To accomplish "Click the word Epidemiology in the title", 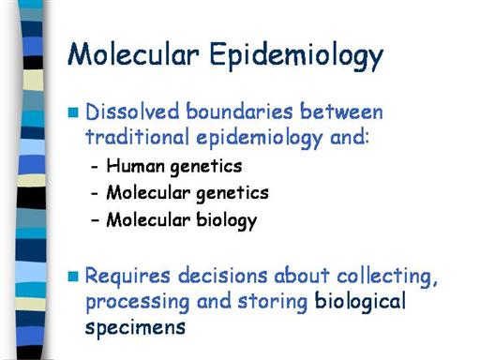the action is tap(296, 56).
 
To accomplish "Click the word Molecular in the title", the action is tap(133, 53).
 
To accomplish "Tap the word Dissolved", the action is tap(132, 112).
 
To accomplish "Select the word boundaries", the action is tap(239, 112).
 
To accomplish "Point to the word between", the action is tap(341, 112).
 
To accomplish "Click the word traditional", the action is tap(137, 137).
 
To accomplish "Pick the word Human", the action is tap(135, 165).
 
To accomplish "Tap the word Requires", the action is tap(127, 276).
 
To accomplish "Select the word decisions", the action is tap(223, 276).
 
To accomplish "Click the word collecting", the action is tap(387, 277).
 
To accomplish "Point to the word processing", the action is tap(138, 303).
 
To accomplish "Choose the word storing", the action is tap(273, 302).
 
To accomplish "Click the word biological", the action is tap(360, 302).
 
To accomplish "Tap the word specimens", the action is tap(135, 328).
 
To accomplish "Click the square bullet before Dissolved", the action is tap(73, 112).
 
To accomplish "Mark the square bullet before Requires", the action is tap(73, 277).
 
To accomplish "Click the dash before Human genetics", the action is tap(95, 167).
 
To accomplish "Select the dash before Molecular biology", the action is tap(95, 220).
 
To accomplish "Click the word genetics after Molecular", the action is tap(232, 193).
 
